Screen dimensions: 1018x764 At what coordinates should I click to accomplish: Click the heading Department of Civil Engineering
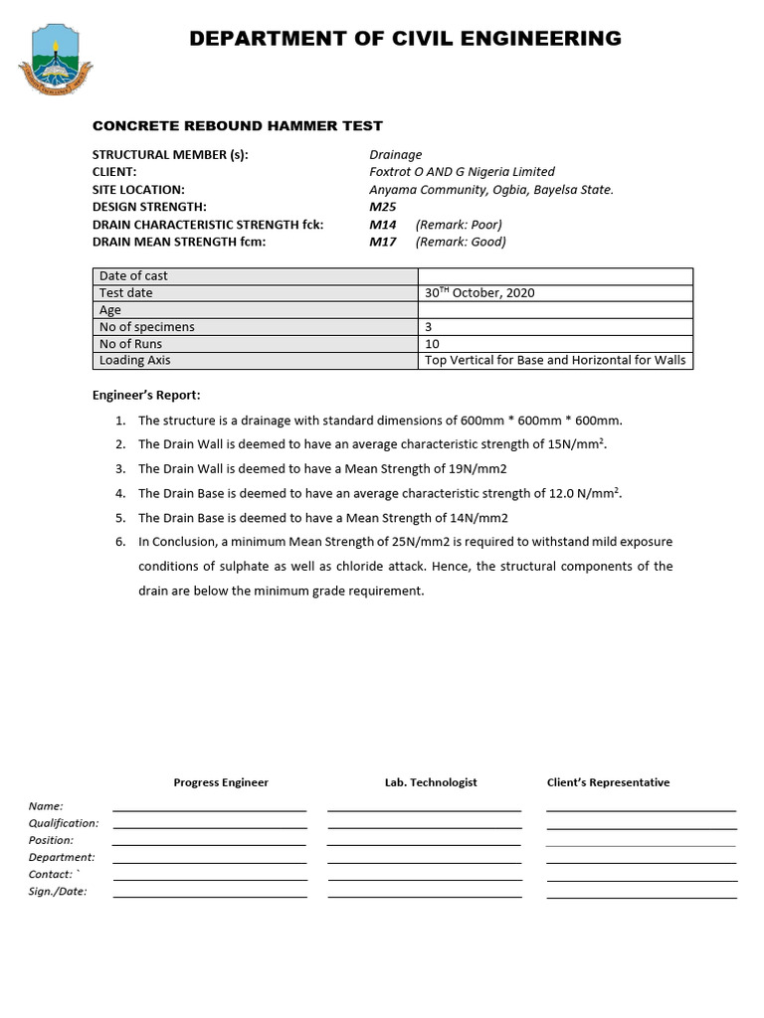[405, 39]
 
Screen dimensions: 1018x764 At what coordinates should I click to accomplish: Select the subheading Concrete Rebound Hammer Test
[237, 125]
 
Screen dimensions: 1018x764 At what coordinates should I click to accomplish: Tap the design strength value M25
[382, 207]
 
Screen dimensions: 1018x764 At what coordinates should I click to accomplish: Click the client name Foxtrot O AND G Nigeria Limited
[462, 172]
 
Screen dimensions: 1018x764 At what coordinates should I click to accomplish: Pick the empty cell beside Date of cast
[555, 276]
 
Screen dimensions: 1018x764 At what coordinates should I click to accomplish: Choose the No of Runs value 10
[432, 344]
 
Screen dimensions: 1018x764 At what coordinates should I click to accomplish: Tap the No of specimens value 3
[428, 327]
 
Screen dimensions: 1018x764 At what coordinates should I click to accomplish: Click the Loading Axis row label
[134, 361]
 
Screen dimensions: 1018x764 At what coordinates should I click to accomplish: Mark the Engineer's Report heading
[146, 396]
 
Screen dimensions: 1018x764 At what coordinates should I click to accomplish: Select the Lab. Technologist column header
[431, 782]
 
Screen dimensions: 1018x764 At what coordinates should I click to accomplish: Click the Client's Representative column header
[608, 782]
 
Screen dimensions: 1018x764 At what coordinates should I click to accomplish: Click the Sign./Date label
[58, 892]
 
